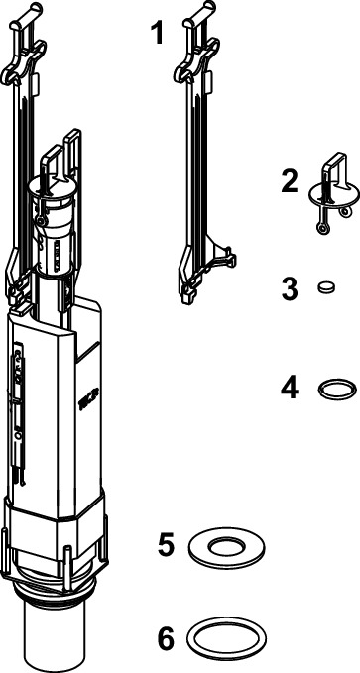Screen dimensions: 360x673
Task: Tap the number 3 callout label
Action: (x=290, y=288)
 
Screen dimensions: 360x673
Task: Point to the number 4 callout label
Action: (x=290, y=388)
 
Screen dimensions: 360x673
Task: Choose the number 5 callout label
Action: (x=167, y=545)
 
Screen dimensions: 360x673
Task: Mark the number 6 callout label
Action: (x=167, y=637)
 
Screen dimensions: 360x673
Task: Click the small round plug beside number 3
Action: (x=326, y=286)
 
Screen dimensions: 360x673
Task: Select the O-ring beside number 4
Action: (x=337, y=389)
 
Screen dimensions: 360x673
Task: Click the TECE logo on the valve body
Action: (x=89, y=398)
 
